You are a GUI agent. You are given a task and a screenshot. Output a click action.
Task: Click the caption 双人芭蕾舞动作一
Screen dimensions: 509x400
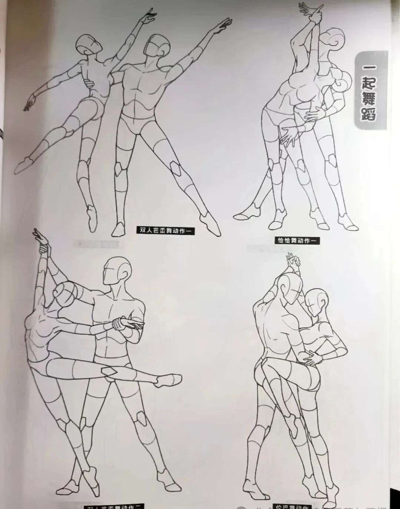coord(166,230)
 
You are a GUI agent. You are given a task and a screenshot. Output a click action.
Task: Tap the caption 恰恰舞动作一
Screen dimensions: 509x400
coord(297,240)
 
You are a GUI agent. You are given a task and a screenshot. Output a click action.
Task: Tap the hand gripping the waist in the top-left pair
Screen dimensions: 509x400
coord(88,82)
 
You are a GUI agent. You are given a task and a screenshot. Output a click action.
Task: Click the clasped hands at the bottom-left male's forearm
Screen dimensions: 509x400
coord(124,324)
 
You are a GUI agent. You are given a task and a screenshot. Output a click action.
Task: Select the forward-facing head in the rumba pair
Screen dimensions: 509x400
coord(317,301)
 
